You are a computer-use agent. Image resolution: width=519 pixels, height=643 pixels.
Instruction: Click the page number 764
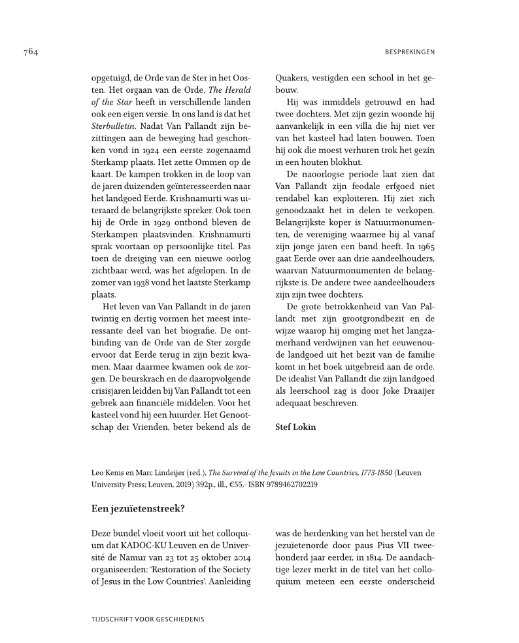pos(31,52)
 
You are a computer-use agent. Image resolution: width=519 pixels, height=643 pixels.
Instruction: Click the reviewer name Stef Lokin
pos(295,427)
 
